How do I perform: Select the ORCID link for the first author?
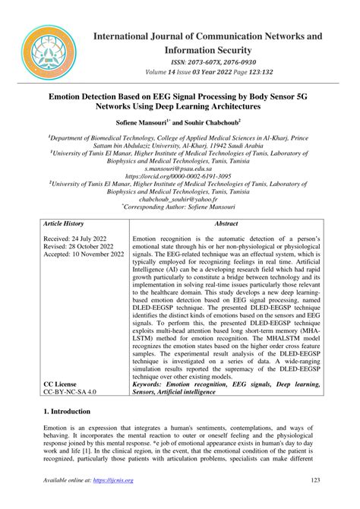tap(180, 175)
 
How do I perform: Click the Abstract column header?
tap(226, 226)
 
